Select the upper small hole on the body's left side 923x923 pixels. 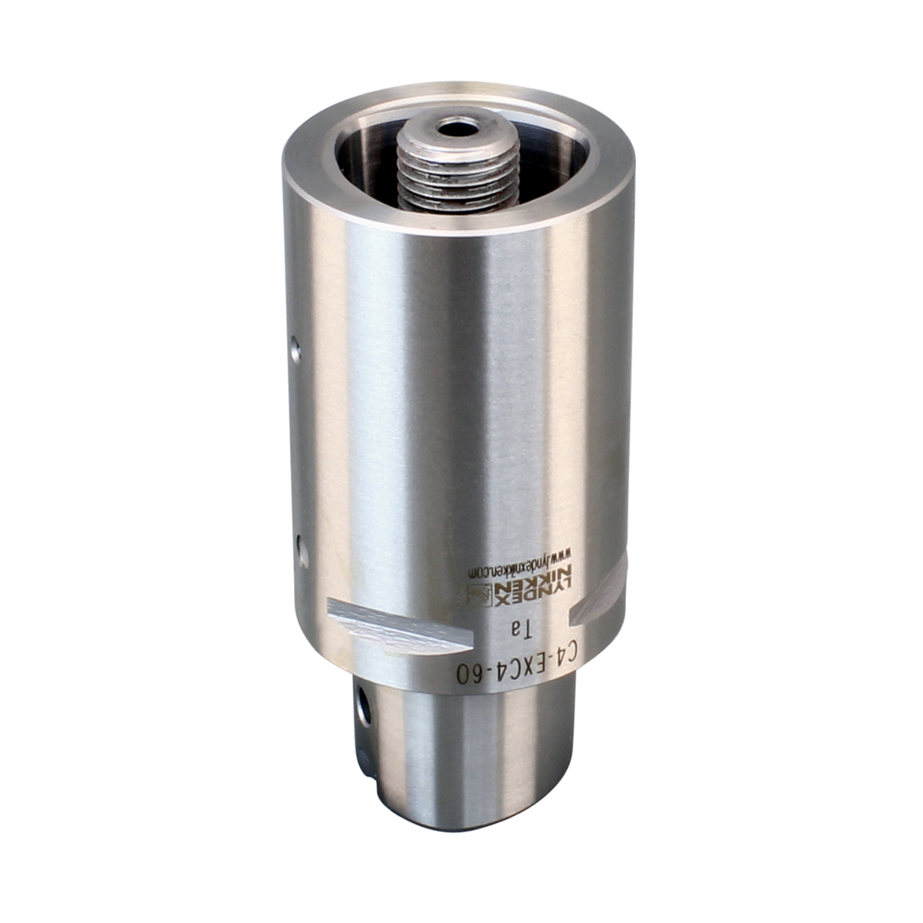point(296,350)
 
